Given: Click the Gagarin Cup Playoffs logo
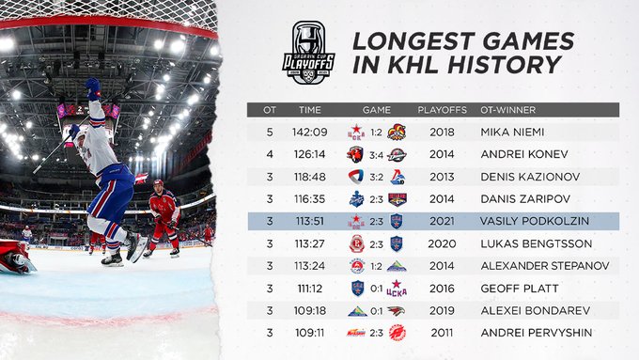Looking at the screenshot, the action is tap(308, 53).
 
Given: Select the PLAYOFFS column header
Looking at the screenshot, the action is tap(443, 110).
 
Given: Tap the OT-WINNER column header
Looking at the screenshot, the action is tap(507, 110).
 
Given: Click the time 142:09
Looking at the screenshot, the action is tap(310, 133).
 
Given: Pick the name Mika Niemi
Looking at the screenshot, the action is tap(512, 133).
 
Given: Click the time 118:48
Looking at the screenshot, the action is tap(310, 177).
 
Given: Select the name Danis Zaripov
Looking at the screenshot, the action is tap(525, 199).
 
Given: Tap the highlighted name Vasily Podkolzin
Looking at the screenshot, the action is tap(535, 221).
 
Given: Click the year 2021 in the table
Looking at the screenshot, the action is tap(443, 221).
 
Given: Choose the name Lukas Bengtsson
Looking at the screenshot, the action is tap(537, 243).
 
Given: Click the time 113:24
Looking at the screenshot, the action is tap(310, 266).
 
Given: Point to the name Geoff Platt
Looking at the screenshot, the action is tap(520, 289).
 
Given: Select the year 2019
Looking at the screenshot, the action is tap(443, 311).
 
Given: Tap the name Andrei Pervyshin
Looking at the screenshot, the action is tap(537, 333).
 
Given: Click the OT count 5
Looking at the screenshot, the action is tap(270, 133).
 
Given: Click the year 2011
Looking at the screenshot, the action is tap(443, 333).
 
